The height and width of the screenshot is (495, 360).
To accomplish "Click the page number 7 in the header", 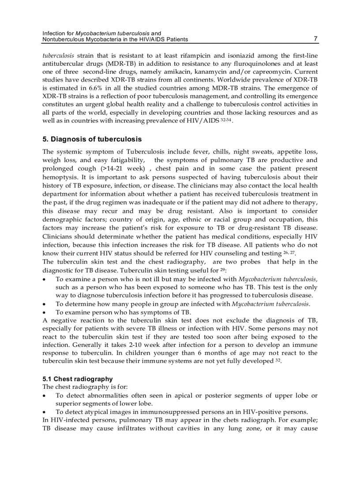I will point(315,39).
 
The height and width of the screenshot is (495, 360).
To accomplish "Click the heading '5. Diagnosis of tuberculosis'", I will point(92,139).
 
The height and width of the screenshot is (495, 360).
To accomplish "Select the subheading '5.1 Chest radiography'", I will point(77,379).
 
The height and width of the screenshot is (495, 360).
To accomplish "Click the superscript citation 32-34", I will point(225,119).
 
